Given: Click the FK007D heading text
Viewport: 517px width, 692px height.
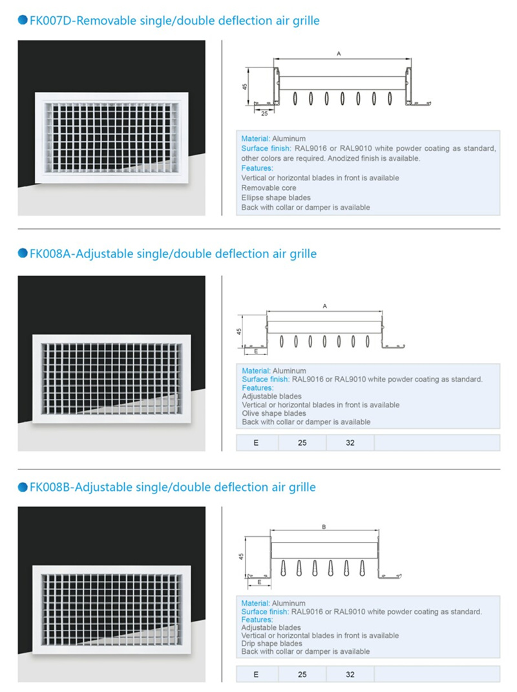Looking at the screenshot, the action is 174,21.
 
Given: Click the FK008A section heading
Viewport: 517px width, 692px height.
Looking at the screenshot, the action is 173,254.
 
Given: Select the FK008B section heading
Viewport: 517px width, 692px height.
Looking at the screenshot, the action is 173,487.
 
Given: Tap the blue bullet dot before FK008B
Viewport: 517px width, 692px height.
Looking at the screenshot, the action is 23,487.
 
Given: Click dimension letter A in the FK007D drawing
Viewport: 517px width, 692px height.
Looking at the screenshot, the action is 339,54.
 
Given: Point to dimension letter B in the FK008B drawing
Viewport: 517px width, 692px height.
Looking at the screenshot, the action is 324,527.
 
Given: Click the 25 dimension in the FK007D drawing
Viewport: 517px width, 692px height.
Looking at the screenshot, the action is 264,113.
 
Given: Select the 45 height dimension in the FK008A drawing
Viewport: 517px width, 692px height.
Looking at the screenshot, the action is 239,331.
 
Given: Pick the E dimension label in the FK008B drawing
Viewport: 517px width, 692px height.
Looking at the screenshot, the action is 259,582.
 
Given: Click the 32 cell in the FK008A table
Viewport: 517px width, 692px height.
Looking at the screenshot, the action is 350,442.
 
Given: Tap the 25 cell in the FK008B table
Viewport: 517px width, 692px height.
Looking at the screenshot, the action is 302,675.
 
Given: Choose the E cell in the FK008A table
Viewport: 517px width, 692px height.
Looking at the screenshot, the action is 256,442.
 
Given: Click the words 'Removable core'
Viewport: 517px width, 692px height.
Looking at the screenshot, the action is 269,188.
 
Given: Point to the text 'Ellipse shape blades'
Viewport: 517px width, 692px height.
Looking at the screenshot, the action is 276,198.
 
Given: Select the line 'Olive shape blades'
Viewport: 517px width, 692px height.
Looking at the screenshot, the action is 274,413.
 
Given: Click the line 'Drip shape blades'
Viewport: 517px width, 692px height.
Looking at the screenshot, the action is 271,643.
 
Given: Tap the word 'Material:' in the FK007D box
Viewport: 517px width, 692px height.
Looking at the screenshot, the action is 256,138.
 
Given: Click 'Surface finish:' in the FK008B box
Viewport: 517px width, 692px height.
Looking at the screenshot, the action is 265,612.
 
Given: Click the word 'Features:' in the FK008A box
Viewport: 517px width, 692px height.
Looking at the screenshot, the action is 258,388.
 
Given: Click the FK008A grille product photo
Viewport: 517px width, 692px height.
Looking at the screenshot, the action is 112,363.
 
